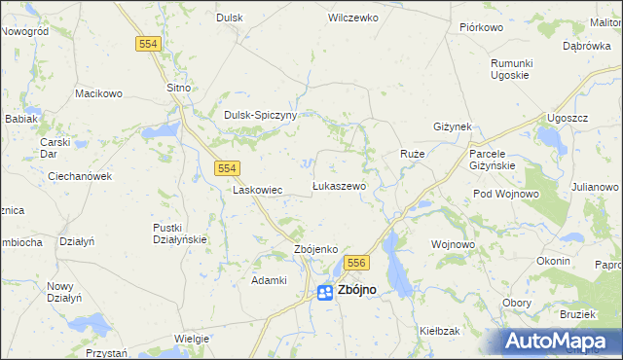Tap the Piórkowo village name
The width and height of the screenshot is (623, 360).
click(479, 26)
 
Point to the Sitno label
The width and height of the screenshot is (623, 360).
click(179, 88)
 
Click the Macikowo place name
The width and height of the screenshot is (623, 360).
click(98, 93)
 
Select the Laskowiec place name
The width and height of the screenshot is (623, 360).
click(258, 191)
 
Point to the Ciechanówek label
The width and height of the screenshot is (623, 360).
click(81, 176)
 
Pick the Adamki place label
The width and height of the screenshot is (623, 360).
click(269, 280)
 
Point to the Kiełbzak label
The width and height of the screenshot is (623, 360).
click(439, 331)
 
